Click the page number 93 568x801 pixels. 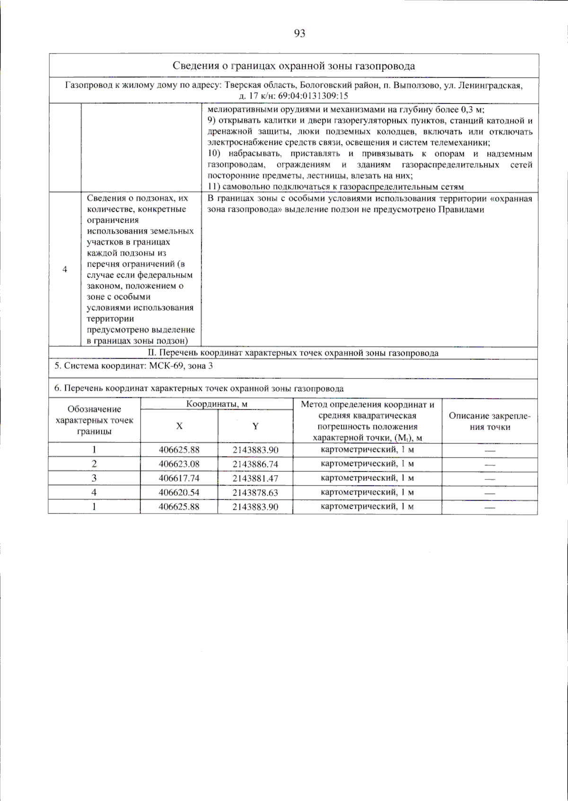tap(300, 33)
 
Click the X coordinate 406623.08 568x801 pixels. tap(179, 464)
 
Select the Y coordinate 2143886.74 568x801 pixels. tap(255, 464)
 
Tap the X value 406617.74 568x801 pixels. tap(179, 478)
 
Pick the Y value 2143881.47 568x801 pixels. tap(255, 478)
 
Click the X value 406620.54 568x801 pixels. tap(179, 493)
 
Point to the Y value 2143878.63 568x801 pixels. tap(255, 493)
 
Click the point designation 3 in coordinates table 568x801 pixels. tap(94, 478)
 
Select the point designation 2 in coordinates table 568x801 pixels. tap(94, 464)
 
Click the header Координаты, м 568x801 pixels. tap(217, 404)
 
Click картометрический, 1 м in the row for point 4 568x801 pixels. tap(367, 492)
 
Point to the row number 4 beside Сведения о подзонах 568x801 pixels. tap(65, 270)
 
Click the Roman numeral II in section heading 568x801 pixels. tap(151, 353)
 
